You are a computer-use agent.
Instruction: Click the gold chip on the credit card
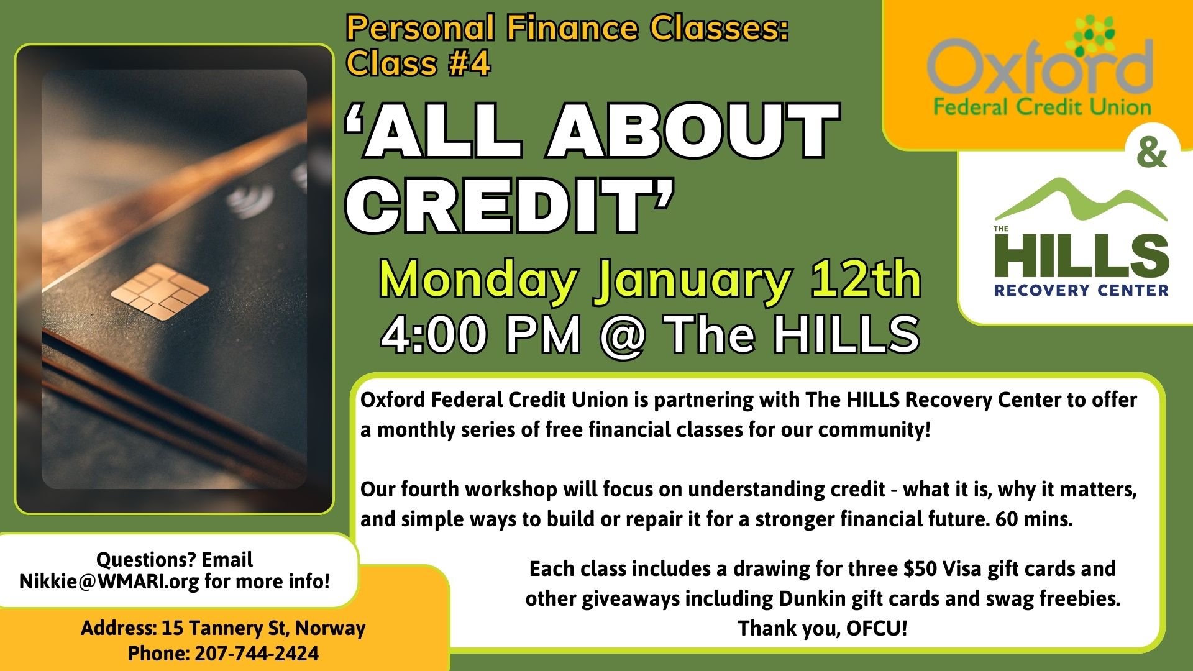(x=160, y=291)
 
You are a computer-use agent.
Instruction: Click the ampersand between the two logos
(x=1152, y=154)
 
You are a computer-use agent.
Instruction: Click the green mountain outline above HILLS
(x=1081, y=199)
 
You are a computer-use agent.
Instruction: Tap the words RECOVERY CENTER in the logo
(x=1081, y=290)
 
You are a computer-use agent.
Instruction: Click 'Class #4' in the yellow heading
(x=419, y=63)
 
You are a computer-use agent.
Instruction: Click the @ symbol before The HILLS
(x=623, y=335)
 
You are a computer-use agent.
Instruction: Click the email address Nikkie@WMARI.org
(x=109, y=582)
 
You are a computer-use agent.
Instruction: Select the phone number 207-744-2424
(x=257, y=654)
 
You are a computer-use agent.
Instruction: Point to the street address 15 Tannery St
(x=222, y=628)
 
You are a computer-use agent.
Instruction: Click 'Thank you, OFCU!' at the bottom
(x=823, y=629)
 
